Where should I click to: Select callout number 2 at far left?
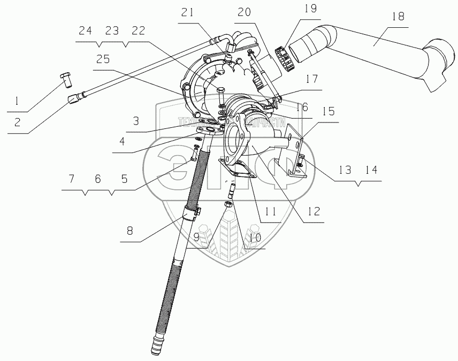[x=18, y=122]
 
